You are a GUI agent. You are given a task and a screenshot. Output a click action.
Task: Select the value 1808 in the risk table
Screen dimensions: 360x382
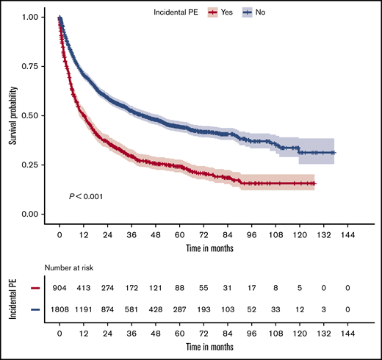(x=60, y=312)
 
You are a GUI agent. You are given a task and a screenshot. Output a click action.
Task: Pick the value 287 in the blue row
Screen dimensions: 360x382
(x=179, y=312)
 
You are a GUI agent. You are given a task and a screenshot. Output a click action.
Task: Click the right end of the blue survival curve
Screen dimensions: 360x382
(x=335, y=153)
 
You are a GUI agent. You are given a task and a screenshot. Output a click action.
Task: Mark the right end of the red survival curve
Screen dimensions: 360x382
(x=314, y=184)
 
